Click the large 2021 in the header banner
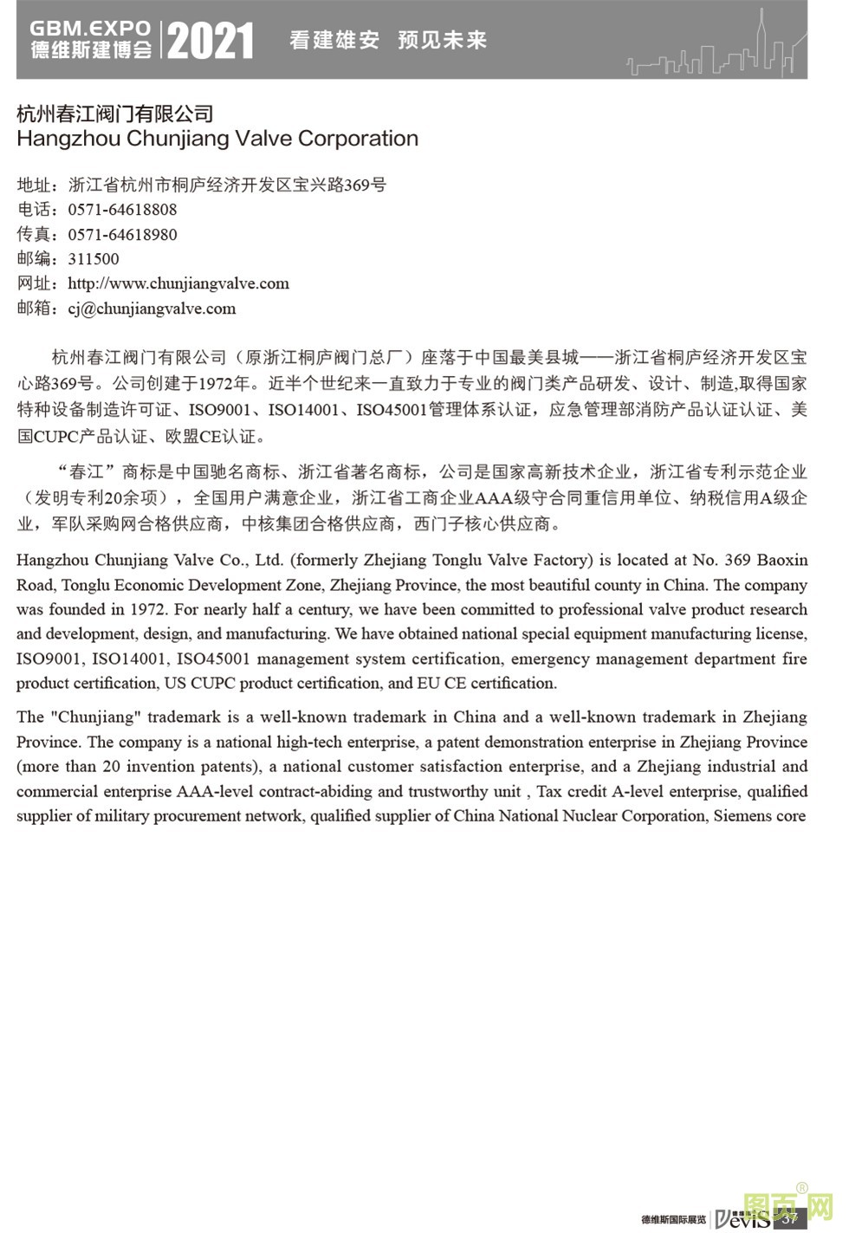[210, 41]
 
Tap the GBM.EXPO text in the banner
[90, 29]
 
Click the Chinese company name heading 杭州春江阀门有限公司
[115, 114]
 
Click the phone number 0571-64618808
[122, 210]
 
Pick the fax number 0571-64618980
[122, 235]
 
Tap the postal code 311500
[94, 259]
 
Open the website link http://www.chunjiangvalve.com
[178, 283]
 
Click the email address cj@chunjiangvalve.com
[152, 308]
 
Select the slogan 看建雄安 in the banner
[334, 40]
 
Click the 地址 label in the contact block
[35, 185]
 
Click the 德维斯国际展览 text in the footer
[673, 1219]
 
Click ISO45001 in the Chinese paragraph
[392, 409]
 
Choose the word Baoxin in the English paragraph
[781, 560]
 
